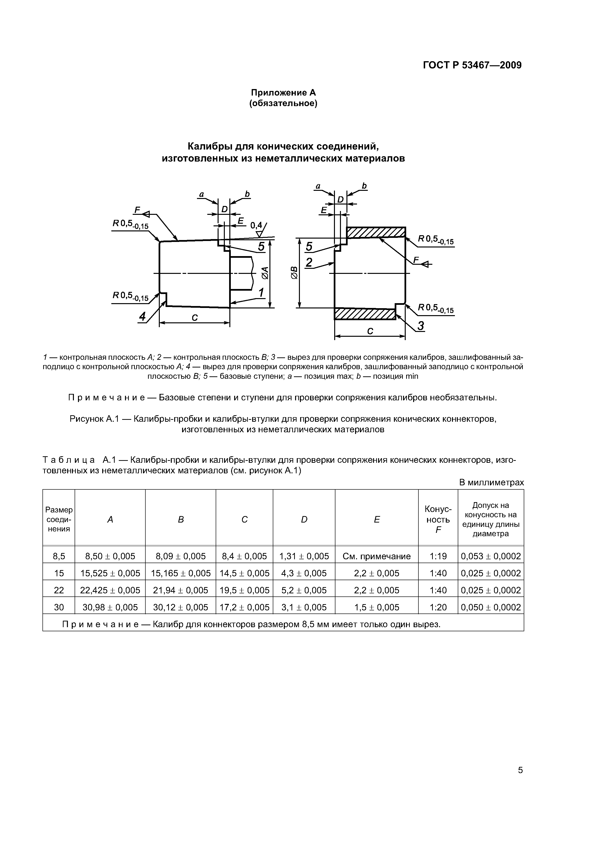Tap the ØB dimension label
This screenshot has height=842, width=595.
[x=294, y=273]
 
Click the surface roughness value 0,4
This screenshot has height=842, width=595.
[x=256, y=225]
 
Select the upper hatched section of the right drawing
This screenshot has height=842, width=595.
[x=376, y=233]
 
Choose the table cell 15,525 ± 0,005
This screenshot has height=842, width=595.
[x=110, y=573]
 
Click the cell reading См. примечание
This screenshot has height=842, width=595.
[x=376, y=556]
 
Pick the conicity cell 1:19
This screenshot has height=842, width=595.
[x=438, y=556]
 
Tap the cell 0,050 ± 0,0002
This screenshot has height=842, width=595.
[x=491, y=607]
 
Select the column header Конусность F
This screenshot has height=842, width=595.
[x=438, y=519]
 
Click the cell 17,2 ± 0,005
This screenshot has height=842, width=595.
[x=244, y=607]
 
